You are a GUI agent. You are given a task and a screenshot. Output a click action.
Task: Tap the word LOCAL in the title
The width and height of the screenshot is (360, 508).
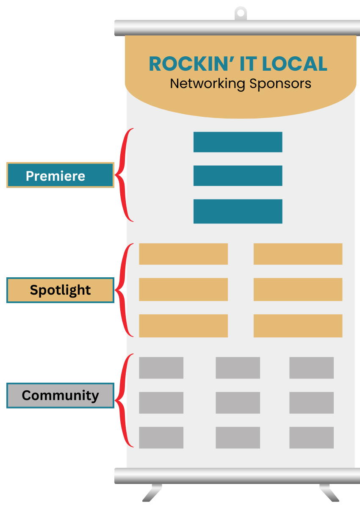click(x=295, y=64)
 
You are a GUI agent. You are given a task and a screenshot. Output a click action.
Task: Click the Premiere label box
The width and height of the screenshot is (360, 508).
click(x=60, y=175)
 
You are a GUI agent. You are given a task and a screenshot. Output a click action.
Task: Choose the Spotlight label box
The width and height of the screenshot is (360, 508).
click(x=60, y=290)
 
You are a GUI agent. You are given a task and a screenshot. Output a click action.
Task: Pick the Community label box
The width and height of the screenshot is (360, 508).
click(x=60, y=395)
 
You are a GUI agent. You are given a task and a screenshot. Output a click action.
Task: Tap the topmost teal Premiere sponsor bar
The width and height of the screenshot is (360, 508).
click(x=238, y=142)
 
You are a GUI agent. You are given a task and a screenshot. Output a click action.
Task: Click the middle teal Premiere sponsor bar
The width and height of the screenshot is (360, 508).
click(x=238, y=176)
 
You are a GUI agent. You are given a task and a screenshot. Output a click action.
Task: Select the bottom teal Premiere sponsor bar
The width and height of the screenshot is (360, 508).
click(x=238, y=211)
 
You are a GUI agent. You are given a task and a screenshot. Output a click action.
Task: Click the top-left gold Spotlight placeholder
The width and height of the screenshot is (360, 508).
click(x=183, y=254)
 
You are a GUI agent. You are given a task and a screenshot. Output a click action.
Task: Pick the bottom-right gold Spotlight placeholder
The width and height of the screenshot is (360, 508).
click(x=298, y=326)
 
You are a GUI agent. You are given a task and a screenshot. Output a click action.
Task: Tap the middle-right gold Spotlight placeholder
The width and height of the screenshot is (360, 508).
click(x=298, y=290)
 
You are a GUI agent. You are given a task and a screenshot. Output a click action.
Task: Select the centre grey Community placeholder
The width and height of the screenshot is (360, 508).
click(x=238, y=403)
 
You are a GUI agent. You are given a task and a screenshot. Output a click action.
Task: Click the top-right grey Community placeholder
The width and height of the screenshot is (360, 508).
click(x=311, y=367)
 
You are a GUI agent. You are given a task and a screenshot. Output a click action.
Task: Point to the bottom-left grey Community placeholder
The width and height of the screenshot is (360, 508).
click(x=161, y=437)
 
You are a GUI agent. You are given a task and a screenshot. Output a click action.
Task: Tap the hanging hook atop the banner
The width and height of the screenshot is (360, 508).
click(x=241, y=13)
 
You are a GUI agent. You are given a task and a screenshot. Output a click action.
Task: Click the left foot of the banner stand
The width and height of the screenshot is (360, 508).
click(x=152, y=493)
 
